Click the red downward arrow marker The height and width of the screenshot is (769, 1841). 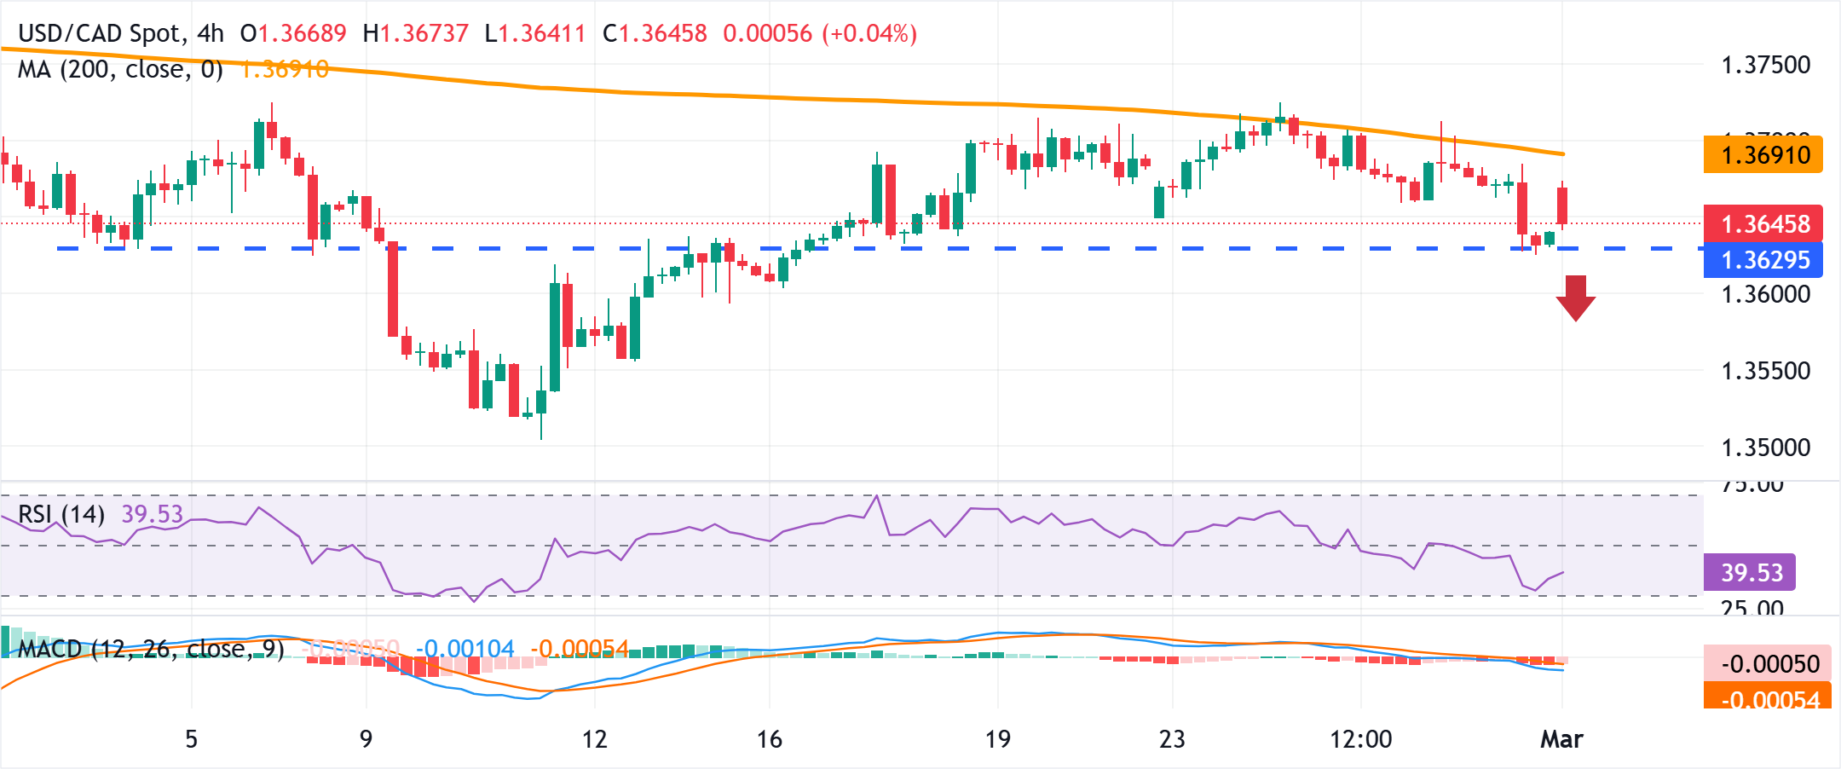pos(1575,298)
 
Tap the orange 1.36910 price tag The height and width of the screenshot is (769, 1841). pos(1763,155)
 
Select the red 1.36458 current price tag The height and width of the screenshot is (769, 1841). pos(1763,224)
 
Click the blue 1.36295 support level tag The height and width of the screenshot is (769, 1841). pos(1763,260)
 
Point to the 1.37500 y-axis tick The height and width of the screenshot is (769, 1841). pos(1765,66)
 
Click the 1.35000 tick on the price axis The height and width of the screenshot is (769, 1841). pos(1765,448)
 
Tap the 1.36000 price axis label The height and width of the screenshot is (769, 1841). pos(1765,295)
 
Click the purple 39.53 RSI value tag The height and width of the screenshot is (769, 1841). pos(1750,573)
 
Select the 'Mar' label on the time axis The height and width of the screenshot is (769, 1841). pos(1561,739)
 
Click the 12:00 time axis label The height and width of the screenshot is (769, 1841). pos(1360,739)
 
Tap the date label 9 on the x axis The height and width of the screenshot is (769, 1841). pos(366,739)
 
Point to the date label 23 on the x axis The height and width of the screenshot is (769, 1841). pos(1172,739)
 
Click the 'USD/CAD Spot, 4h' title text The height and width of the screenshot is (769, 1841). pos(120,33)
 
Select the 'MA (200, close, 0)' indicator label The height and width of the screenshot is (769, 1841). pos(120,69)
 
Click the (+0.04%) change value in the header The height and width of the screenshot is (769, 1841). pos(869,33)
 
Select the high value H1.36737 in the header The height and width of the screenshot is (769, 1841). pos(415,33)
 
